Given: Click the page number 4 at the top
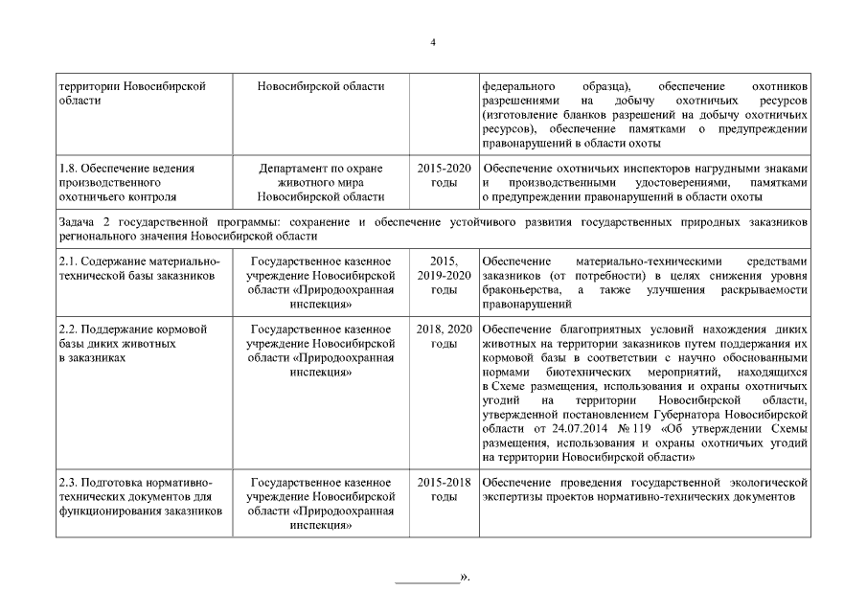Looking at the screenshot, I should pos(433,41).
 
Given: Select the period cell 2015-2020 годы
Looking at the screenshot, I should pos(444,175).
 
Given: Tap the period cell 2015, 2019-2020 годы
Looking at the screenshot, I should pos(444,275).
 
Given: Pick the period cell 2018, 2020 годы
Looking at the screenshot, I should pos(444,336).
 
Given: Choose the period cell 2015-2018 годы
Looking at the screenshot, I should pos(444,489).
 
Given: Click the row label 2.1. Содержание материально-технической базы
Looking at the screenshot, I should pos(139,268).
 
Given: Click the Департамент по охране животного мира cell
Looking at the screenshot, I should pos(321,182).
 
